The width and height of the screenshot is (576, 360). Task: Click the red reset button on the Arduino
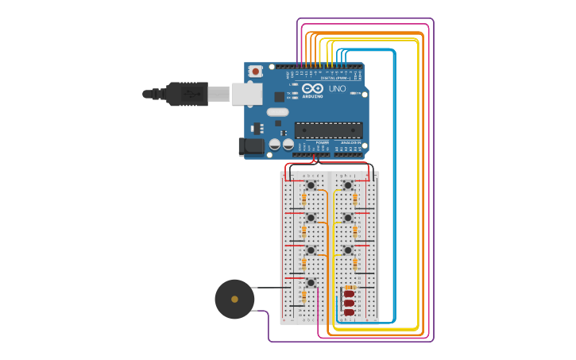click(255, 72)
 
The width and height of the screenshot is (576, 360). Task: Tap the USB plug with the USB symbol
click(184, 94)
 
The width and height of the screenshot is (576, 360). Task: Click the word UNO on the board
click(337, 88)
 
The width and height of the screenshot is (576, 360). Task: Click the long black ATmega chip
click(328, 130)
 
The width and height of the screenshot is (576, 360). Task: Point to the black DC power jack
click(251, 146)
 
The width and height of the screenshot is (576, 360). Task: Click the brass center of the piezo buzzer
click(234, 299)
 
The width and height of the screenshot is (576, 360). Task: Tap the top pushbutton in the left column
click(311, 185)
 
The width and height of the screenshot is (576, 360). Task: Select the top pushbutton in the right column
click(347, 185)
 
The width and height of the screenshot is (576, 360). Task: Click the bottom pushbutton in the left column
click(311, 282)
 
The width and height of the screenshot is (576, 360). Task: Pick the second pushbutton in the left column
click(311, 217)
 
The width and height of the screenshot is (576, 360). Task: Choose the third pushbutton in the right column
click(347, 250)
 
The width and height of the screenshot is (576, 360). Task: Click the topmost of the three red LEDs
click(349, 293)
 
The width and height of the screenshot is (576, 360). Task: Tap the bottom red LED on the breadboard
click(349, 312)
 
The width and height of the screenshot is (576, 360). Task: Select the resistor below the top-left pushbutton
click(303, 198)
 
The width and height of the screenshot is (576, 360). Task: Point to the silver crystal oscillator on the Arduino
click(277, 112)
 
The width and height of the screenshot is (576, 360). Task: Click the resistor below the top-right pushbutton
click(355, 198)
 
